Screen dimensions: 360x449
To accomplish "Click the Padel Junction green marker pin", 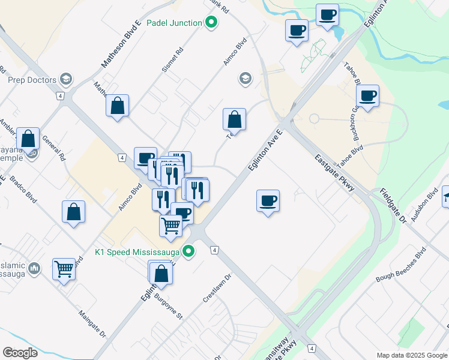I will tap(211, 23).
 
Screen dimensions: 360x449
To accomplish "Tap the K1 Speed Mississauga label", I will tap(138, 251).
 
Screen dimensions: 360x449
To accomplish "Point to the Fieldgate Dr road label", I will tap(393, 206).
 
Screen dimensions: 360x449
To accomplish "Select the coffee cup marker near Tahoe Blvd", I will tap(367, 95).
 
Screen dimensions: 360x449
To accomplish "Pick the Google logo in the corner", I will tap(20, 353).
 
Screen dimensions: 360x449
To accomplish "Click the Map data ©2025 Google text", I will tap(412, 355).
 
